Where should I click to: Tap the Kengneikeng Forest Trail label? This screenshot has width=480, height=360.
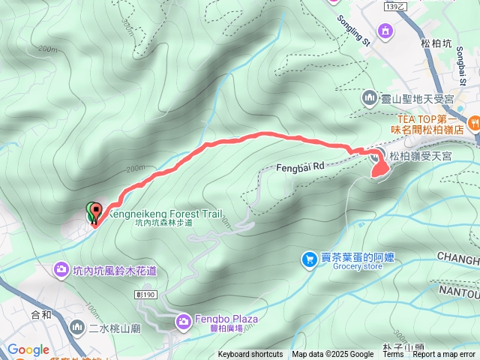164,214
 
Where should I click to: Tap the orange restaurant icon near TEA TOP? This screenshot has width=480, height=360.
473,122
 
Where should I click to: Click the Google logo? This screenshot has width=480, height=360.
28,350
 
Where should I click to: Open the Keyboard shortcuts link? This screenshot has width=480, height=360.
250,355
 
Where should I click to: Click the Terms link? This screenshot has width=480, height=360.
393,355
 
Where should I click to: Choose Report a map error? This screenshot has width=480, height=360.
444,355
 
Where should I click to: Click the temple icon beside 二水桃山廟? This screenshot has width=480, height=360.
78,328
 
